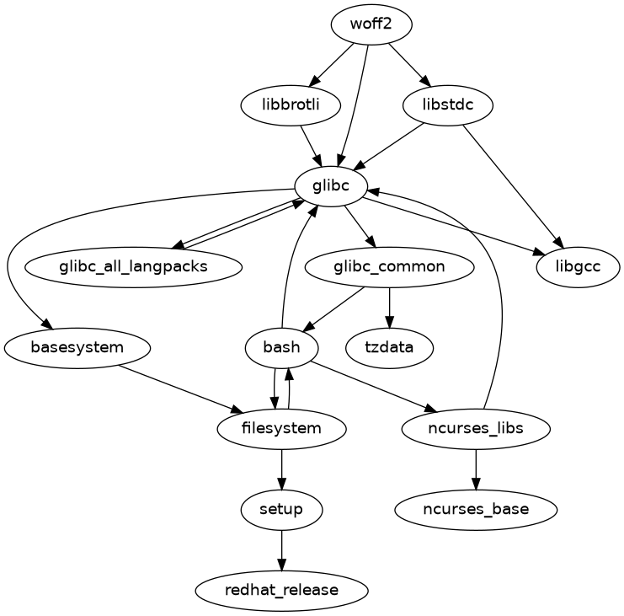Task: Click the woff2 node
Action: point(371,24)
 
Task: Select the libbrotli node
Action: point(291,105)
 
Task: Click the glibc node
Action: point(330,186)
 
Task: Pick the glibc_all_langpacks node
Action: point(134,267)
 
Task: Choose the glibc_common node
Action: point(389,267)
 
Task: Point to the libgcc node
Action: point(578,267)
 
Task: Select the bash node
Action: point(281,347)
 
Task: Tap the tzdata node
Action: point(389,347)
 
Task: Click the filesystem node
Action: point(281,428)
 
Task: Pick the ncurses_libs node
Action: point(476,428)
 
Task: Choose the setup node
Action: point(281,509)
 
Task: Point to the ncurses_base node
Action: point(476,509)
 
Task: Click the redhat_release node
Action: point(281,590)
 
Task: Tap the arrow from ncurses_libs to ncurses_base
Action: point(476,469)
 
